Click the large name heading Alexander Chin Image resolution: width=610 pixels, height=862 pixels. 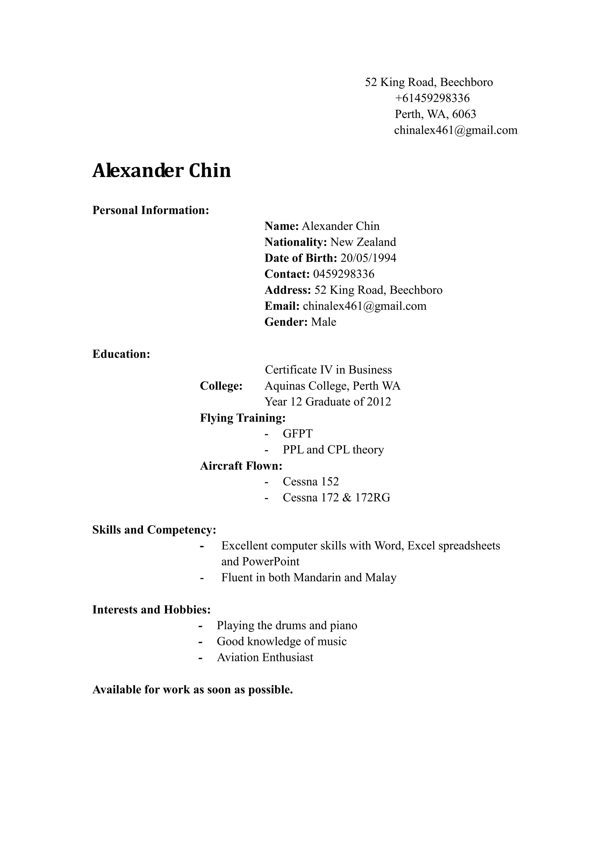pos(161,171)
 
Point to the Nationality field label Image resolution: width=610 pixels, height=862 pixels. pos(295,242)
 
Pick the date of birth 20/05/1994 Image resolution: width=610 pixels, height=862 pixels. pos(368,258)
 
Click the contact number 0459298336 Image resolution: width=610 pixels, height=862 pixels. pos(344,274)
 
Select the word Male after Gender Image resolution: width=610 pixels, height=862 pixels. pos(323,322)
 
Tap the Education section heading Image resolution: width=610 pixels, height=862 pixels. pos(121,354)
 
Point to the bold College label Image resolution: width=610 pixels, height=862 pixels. pos(221,386)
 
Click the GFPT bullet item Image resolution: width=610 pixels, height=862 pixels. pos(298,434)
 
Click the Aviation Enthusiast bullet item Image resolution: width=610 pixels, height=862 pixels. pos(265,658)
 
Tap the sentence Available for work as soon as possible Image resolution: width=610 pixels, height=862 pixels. pos(192,690)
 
